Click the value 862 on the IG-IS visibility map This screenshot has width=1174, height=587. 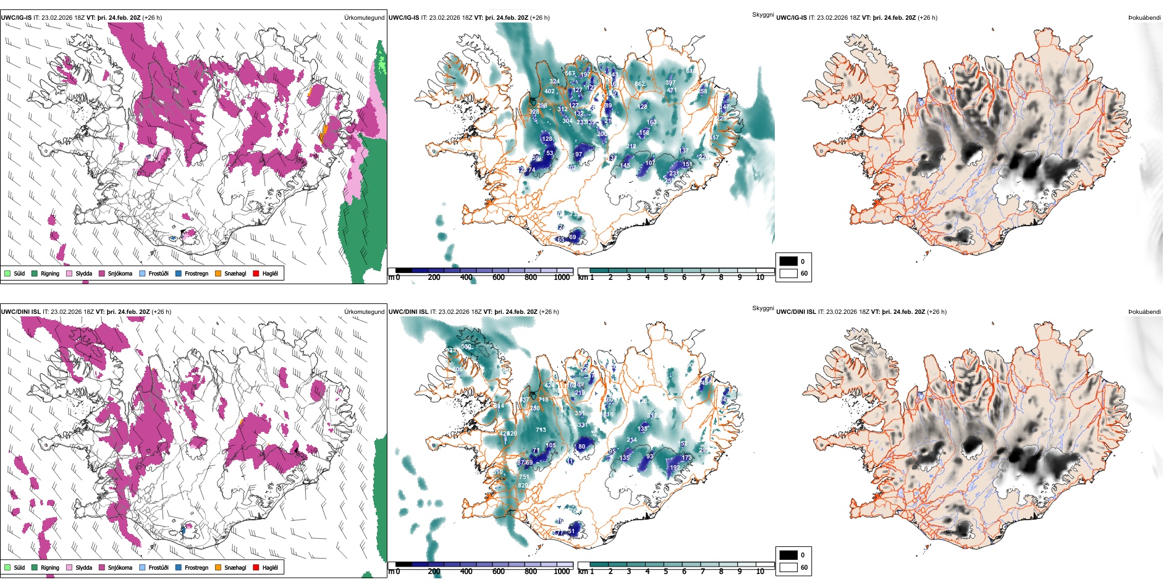pos(640,84)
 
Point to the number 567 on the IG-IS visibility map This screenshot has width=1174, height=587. pos(570,74)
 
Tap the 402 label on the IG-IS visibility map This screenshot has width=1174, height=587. pos(549,91)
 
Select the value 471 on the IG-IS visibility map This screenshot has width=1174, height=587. pos(672,90)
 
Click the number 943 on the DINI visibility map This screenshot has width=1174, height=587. pos(450,351)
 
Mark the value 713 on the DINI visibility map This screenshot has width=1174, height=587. pos(541,430)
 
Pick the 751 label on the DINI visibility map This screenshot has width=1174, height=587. pos(523,477)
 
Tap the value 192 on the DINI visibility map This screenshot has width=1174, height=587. pos(675,468)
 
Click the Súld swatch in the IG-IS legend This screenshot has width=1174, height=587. pos(7,273)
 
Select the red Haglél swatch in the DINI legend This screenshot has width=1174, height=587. pos(256,567)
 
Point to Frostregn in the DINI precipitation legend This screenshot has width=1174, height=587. pos(196,567)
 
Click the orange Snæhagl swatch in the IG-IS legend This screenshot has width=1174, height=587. pos(219,273)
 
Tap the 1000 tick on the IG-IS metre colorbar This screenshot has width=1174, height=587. pos(562,277)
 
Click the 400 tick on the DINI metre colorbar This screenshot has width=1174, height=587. pos(467,572)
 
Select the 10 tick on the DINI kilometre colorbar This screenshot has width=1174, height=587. pos(760,572)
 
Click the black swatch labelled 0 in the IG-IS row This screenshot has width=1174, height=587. pos(788,261)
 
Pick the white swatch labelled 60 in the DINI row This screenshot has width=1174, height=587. pos(788,567)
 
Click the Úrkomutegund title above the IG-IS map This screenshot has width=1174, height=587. pos(364,18)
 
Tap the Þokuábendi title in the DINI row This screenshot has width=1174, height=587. pos(1144,312)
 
